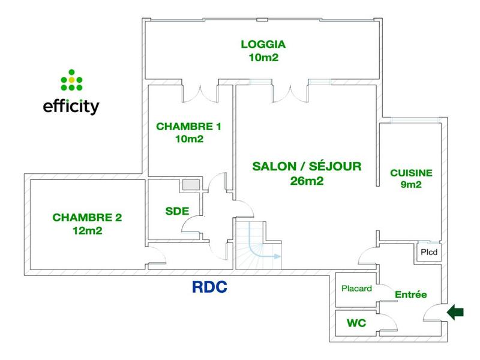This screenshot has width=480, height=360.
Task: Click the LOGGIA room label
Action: click(262, 44)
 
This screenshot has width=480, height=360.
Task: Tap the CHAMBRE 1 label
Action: click(188, 127)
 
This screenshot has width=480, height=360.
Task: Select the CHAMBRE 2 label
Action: click(87, 217)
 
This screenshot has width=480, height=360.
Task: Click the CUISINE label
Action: click(411, 173)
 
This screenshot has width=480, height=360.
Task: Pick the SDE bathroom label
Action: click(177, 211)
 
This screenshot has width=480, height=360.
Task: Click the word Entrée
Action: click(410, 295)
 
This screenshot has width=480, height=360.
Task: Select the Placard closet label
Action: click(357, 289)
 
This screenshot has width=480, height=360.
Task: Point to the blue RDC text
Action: click(209, 287)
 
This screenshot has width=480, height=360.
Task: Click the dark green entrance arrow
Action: click(457, 311)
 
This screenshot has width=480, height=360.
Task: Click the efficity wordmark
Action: click(71, 107)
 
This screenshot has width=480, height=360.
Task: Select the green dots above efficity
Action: click(71, 79)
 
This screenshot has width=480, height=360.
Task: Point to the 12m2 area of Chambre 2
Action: click(87, 230)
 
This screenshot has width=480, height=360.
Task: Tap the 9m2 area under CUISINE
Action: click(411, 185)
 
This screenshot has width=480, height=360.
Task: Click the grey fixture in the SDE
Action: click(192, 185)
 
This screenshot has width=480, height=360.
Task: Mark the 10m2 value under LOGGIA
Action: click(262, 58)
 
